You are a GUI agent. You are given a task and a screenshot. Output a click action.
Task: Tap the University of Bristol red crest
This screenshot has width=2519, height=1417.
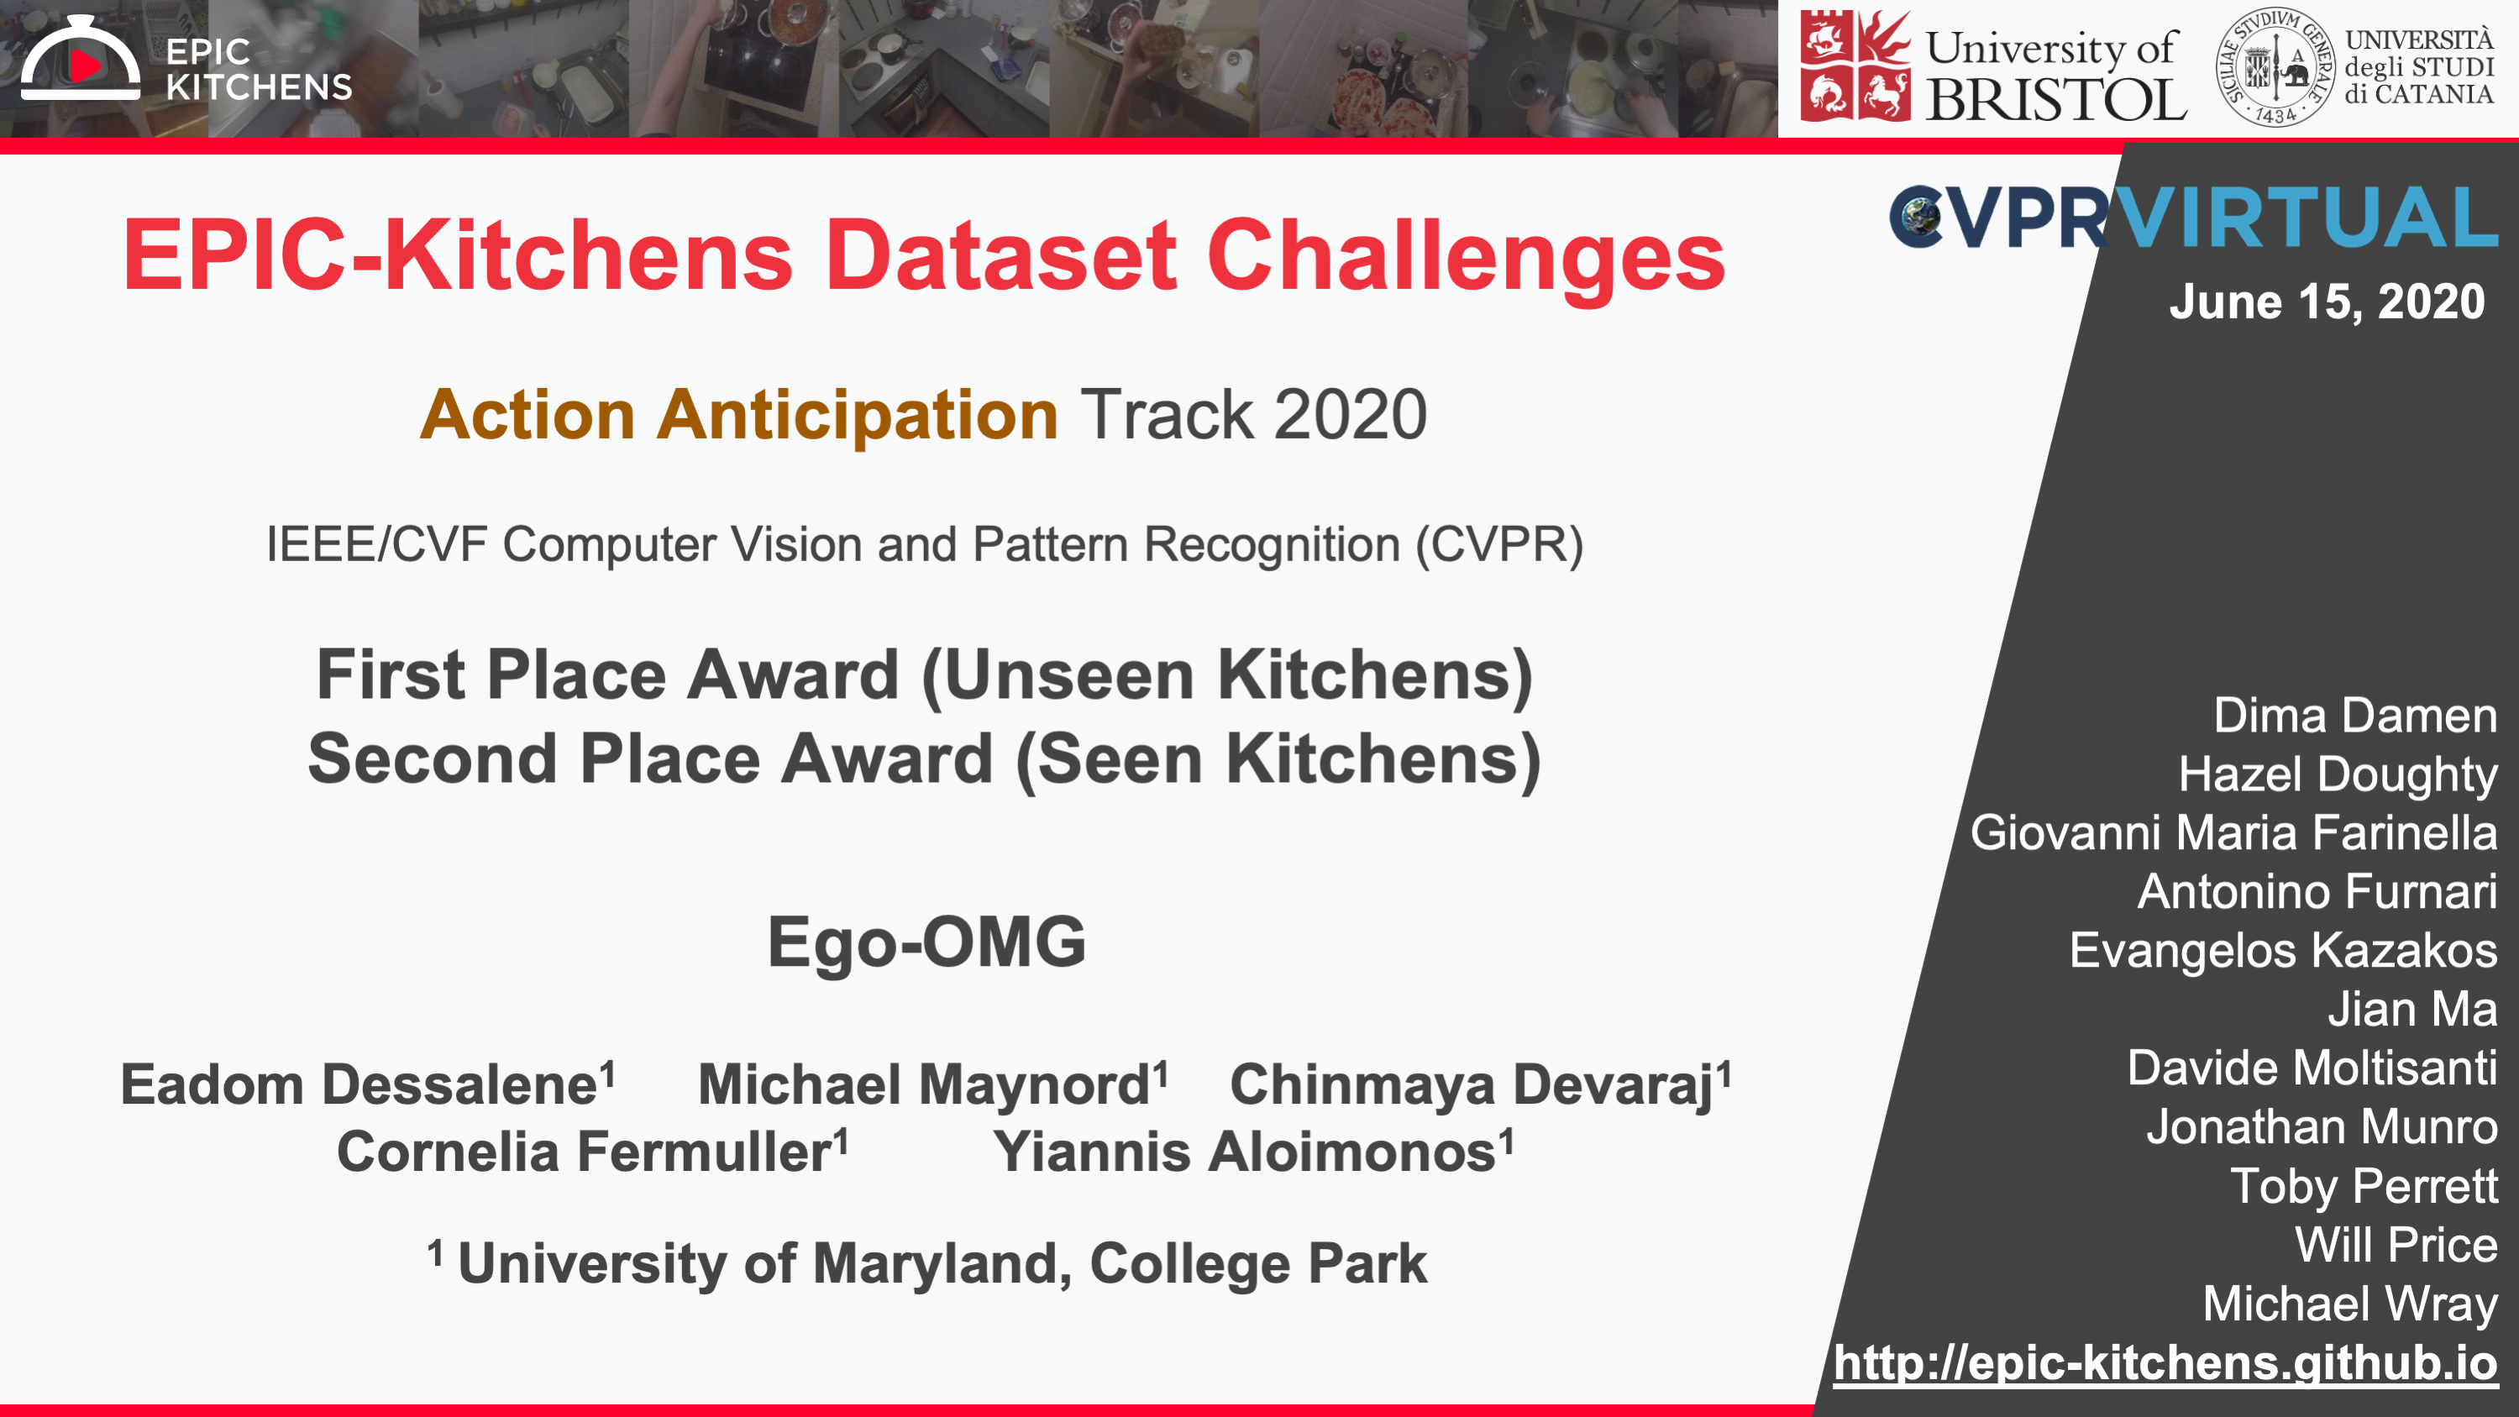tap(1855, 66)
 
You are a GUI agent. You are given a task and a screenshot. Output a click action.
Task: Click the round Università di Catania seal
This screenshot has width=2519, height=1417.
tap(2275, 66)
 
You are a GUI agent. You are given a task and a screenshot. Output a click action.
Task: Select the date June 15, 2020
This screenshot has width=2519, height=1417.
tap(2327, 302)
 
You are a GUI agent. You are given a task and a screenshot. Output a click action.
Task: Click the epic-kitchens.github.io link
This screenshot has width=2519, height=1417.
tap(2165, 1362)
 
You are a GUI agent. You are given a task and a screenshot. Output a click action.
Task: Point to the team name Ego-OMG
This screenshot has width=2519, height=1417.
tap(926, 942)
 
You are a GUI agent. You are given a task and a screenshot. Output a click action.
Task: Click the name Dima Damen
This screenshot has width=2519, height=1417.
tap(2354, 715)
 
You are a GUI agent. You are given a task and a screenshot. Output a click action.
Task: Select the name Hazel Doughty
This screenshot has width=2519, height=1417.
tap(2337, 774)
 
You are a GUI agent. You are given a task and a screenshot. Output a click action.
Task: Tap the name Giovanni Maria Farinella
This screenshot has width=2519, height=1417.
tap(2233, 832)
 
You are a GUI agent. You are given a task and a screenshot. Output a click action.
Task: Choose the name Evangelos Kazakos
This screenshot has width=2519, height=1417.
tap(2283, 951)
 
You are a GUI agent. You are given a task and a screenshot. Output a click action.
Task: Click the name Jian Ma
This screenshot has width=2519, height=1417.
tap(2412, 1008)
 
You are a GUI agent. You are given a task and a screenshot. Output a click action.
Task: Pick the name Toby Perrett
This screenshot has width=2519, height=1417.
tap(2364, 1186)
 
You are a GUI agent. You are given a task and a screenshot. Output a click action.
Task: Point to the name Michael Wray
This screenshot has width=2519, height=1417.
tap(2350, 1304)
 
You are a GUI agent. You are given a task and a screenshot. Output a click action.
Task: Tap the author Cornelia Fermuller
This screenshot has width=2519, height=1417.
tap(591, 1151)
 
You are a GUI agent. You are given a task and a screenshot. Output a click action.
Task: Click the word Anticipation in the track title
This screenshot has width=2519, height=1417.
tap(857, 415)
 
